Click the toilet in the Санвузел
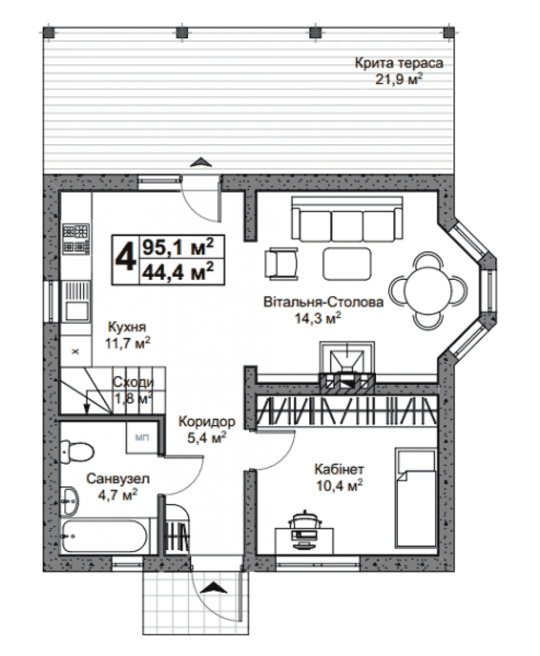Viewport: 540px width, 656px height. pos(77,452)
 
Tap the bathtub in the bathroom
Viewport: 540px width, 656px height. pos(104,536)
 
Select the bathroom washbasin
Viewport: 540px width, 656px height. pos(69,501)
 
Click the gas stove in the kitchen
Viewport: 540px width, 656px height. pos(76,239)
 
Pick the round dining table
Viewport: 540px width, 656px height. pos(428,290)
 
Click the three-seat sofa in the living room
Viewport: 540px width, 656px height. pos(347,218)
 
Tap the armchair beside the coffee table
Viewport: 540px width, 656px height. pos(281,264)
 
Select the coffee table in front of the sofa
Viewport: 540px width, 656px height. pos(347,264)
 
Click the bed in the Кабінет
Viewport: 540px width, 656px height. pos(416,497)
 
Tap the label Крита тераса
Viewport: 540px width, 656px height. pos(399,63)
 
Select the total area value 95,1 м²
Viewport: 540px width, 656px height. pos(178,247)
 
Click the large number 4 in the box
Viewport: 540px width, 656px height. pos(125,259)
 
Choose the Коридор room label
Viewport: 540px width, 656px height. pos(206,422)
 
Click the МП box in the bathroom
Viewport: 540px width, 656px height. pos(142,437)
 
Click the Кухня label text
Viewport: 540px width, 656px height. pos(126,327)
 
